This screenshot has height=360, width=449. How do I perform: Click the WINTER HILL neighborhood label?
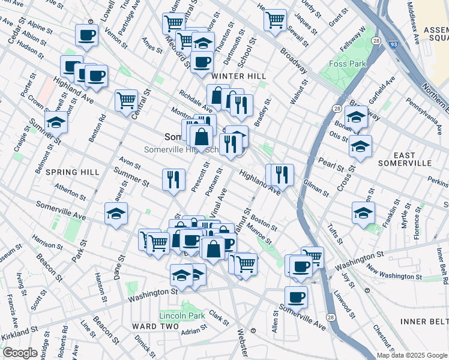coord(239,76)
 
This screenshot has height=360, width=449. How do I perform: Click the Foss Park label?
coord(346,64)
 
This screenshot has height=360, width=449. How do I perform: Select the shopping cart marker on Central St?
coord(126,100)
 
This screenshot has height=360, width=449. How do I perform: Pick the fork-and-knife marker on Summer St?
coord(172,179)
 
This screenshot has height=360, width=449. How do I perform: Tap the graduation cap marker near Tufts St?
coord(363,212)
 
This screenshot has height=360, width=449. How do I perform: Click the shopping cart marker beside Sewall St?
coord(275,20)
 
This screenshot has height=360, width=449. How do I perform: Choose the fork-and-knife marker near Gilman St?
coord(282,174)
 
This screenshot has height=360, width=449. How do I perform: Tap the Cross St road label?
coord(346,178)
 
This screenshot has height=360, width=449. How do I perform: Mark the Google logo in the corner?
coord(20,353)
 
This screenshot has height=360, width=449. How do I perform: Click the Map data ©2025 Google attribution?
coord(411,355)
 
